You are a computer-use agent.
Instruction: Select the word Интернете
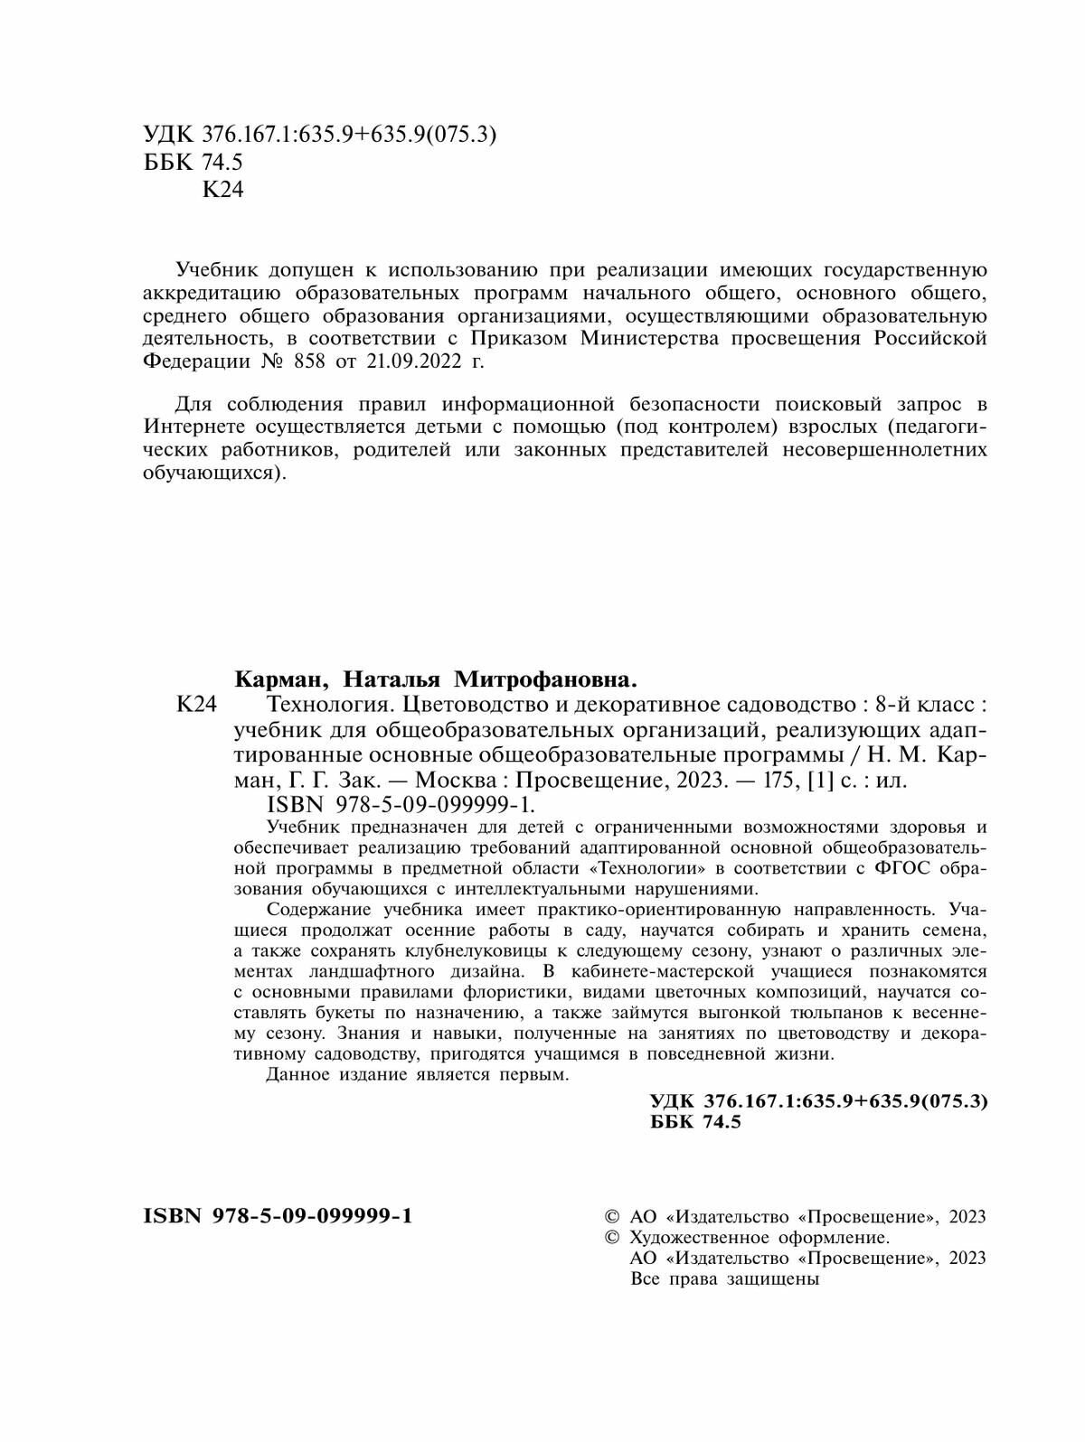pos(197,426)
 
